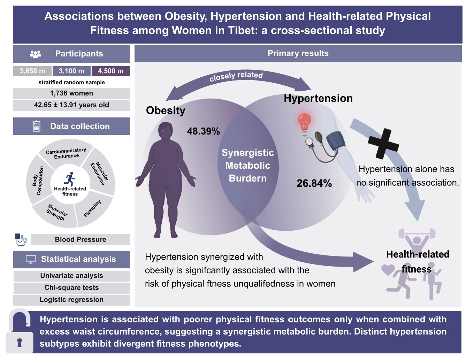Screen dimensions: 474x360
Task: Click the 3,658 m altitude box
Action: (x=32, y=71)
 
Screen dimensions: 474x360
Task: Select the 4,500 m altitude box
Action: (x=110, y=71)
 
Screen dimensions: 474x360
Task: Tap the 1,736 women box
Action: (x=71, y=93)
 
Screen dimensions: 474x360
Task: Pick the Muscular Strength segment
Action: (x=56, y=213)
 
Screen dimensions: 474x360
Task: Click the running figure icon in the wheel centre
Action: (x=70, y=179)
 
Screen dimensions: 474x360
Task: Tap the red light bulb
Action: (x=304, y=124)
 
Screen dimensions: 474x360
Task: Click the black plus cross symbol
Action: (x=383, y=144)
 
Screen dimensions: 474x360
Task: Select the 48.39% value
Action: (x=204, y=131)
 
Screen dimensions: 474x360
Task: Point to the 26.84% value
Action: (x=314, y=183)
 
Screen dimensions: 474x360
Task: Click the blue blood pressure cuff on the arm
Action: (x=335, y=140)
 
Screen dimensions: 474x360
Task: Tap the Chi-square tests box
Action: (x=71, y=288)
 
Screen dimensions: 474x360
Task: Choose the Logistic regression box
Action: (x=71, y=300)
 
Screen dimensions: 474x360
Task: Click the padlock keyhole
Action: (x=20, y=343)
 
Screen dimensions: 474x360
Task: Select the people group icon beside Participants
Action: (x=36, y=54)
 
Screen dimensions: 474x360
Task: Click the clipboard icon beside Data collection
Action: (x=37, y=126)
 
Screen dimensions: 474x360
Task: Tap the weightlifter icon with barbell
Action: (x=417, y=239)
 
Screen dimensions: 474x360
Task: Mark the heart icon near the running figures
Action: (x=388, y=270)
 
